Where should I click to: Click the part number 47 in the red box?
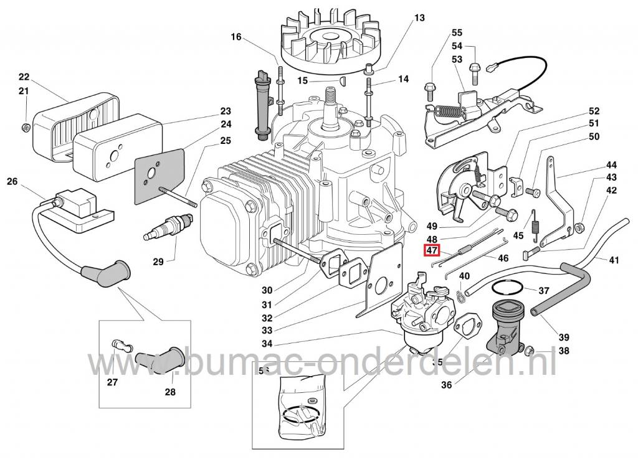coord(431,251)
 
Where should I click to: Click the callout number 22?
coord(24,77)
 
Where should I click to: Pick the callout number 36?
coord(446,385)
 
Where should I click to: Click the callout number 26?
coord(12,182)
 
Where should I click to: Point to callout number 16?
coord(236,37)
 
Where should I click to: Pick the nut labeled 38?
coord(530,349)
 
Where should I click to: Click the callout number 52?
coord(593,111)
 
